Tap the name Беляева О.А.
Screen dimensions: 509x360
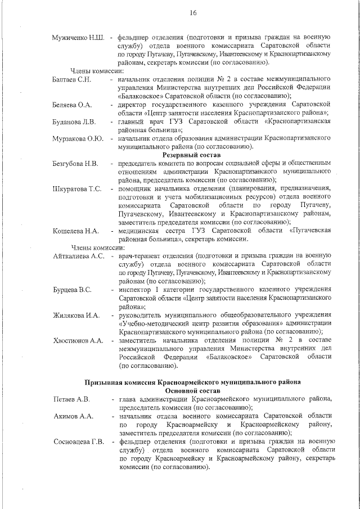(73, 105)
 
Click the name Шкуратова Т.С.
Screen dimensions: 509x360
(77, 188)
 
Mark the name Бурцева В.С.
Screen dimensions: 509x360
(72, 290)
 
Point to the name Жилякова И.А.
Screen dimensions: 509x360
(75, 315)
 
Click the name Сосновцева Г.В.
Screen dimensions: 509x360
(79, 441)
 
